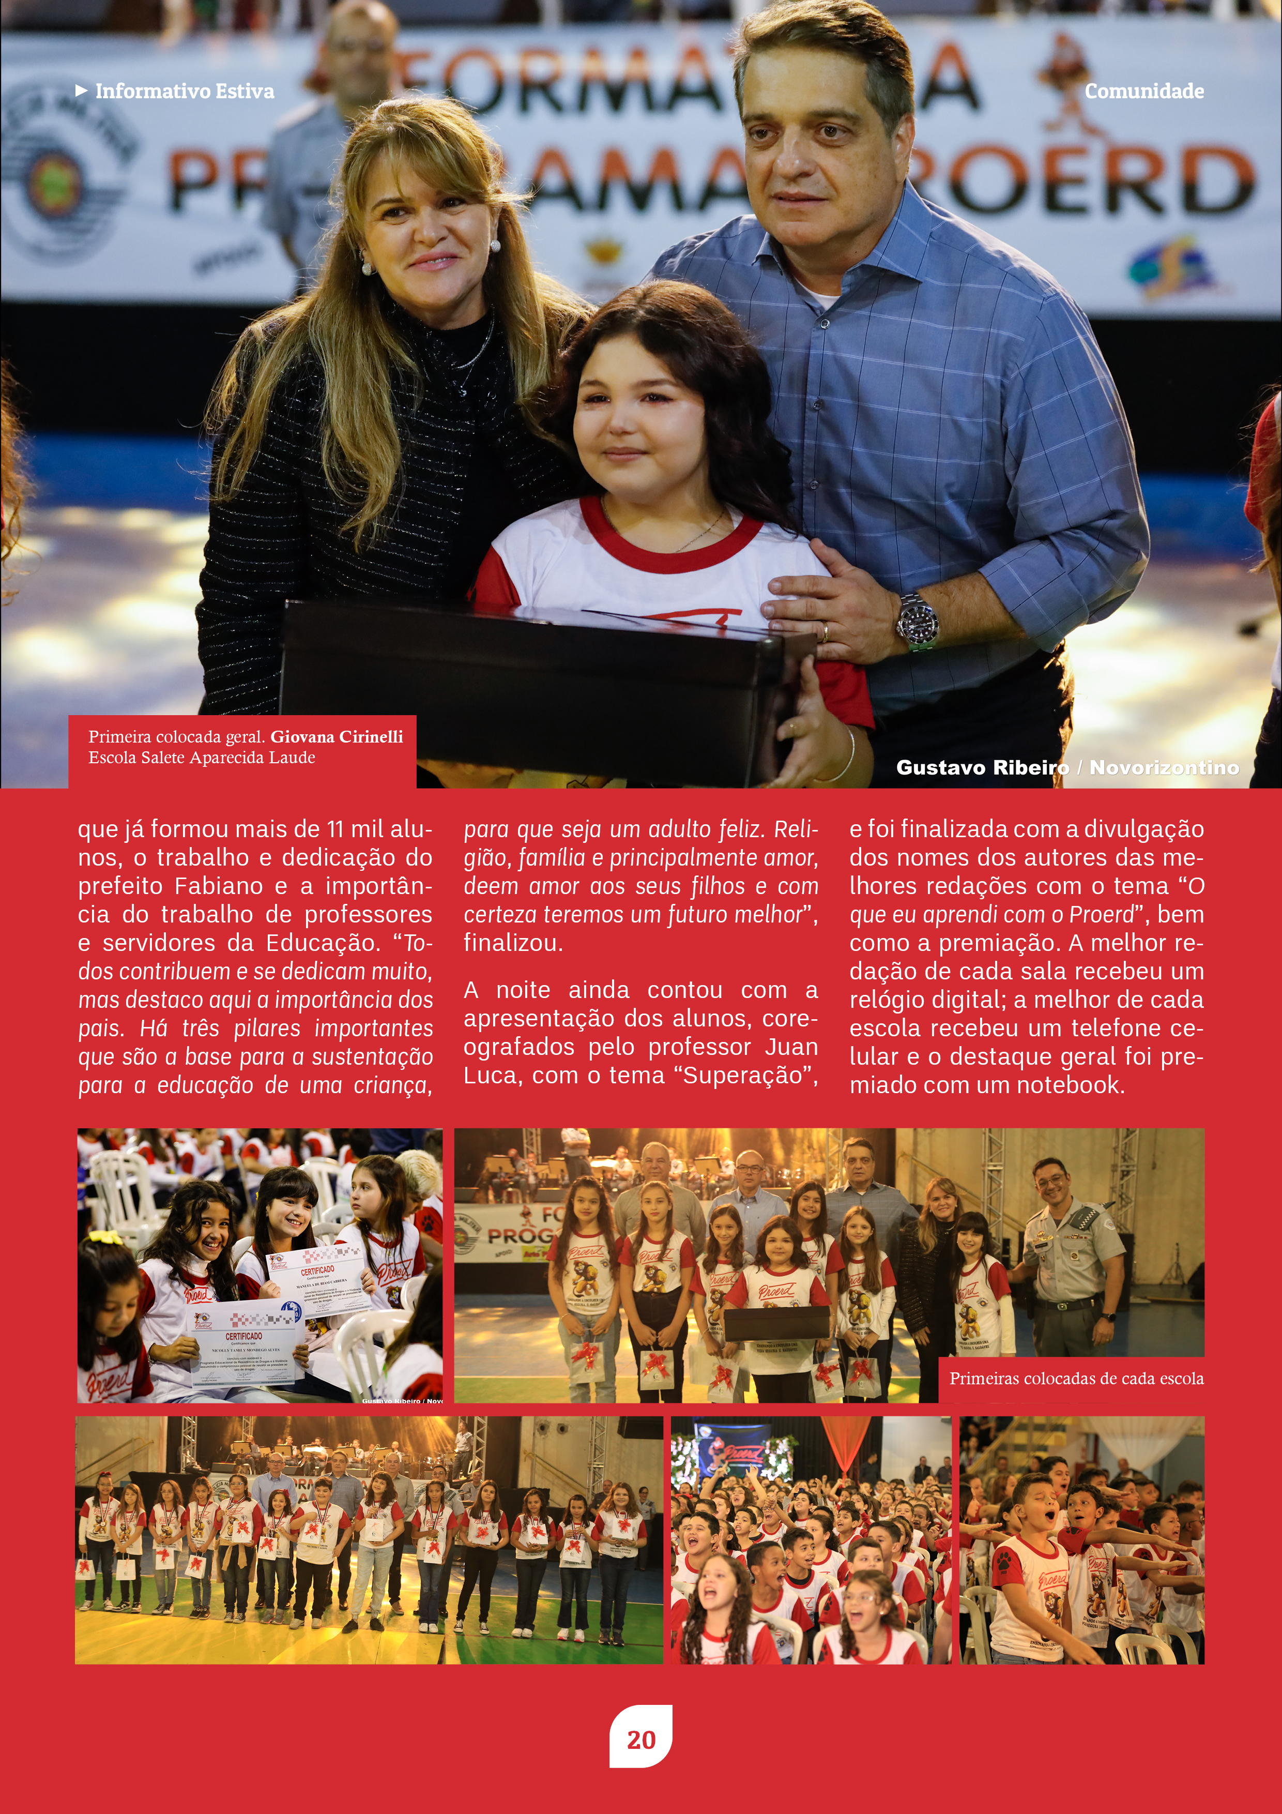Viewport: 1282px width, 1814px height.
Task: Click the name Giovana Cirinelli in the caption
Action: coord(337,736)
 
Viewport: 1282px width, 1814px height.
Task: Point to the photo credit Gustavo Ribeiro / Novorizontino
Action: coord(1067,767)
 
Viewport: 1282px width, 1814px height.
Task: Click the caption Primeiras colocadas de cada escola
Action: coord(1076,1378)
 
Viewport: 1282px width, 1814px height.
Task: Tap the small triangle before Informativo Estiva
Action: coord(81,91)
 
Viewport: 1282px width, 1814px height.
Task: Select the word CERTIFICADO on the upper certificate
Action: coord(317,1271)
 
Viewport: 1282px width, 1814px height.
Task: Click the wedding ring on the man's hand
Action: coord(825,631)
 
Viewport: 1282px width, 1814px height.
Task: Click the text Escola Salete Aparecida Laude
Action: coord(202,757)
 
